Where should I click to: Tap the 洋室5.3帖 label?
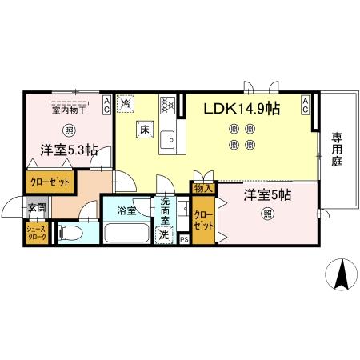click(70, 150)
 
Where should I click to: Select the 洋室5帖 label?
click(267, 195)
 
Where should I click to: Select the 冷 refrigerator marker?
click(126, 102)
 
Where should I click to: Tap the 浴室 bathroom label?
click(126, 211)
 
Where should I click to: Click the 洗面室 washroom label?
click(165, 210)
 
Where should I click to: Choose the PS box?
click(183, 238)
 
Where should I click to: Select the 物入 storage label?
click(203, 189)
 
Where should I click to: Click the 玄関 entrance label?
click(37, 208)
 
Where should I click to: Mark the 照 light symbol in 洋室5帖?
click(267, 213)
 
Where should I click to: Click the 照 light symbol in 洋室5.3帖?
click(70, 130)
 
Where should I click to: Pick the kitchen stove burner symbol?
click(167, 103)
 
